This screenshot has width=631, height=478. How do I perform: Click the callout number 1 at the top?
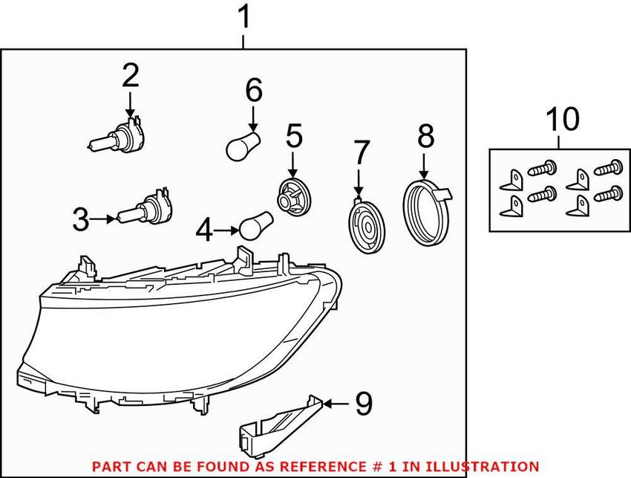coord(244,18)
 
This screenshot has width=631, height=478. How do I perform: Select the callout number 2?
coord(130,76)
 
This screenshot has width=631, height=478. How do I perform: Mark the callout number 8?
coord(425,136)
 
